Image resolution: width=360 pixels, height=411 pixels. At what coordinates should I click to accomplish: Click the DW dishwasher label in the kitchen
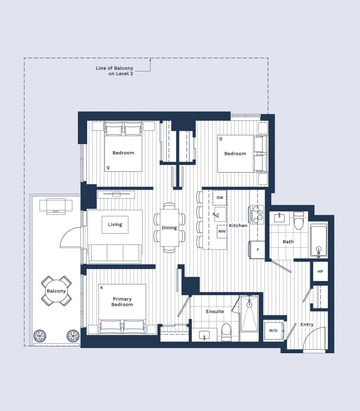pyautogui.click(x=220, y=197)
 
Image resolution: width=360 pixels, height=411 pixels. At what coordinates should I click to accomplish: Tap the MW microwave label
pyautogui.click(x=222, y=232)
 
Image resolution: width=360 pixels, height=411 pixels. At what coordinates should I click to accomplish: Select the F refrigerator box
pyautogui.click(x=257, y=250)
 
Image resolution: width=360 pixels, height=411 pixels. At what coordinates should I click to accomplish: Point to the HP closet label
pyautogui.click(x=320, y=272)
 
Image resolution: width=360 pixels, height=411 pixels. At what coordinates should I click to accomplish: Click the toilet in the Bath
pyautogui.click(x=299, y=220)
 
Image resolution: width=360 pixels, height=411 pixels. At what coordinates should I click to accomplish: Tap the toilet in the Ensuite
pyautogui.click(x=226, y=332)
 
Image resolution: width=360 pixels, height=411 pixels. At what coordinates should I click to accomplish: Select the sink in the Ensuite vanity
pyautogui.click(x=205, y=335)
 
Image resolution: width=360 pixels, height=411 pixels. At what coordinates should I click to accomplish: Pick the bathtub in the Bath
pyautogui.click(x=319, y=240)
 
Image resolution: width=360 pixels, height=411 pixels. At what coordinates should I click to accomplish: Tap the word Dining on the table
pyautogui.click(x=169, y=228)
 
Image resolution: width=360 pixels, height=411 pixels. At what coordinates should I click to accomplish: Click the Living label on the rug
pyautogui.click(x=115, y=225)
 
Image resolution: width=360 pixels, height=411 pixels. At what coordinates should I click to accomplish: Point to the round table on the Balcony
pyautogui.click(x=56, y=291)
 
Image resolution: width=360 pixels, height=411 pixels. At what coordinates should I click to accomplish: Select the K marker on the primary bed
pyautogui.click(x=102, y=288)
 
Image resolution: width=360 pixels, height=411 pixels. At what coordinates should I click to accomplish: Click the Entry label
pyautogui.click(x=307, y=325)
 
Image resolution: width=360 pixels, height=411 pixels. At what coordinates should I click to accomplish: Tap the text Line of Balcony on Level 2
pyautogui.click(x=115, y=71)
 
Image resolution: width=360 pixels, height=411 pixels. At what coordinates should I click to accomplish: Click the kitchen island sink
pyautogui.click(x=220, y=215)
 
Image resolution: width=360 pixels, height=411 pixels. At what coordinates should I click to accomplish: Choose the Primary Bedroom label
pyautogui.click(x=122, y=302)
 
